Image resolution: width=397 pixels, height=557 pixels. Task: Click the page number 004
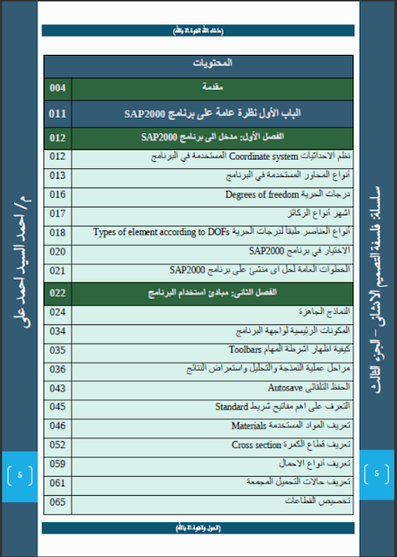[x=58, y=89]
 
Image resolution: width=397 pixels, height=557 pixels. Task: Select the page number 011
[x=58, y=113]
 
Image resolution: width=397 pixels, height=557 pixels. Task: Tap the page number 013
[x=58, y=175]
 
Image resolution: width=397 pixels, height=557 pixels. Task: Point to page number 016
[x=58, y=194]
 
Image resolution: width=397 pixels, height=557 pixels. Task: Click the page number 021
[x=58, y=270]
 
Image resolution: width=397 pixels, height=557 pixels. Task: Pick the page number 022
[x=58, y=292]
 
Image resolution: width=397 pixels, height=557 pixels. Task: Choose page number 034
[x=58, y=330]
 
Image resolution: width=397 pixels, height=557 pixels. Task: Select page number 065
[x=58, y=501]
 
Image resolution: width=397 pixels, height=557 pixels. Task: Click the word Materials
[x=249, y=425]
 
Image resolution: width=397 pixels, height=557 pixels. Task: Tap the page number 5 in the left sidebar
[x=20, y=475]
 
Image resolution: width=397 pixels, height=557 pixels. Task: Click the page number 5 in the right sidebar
[x=377, y=475]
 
